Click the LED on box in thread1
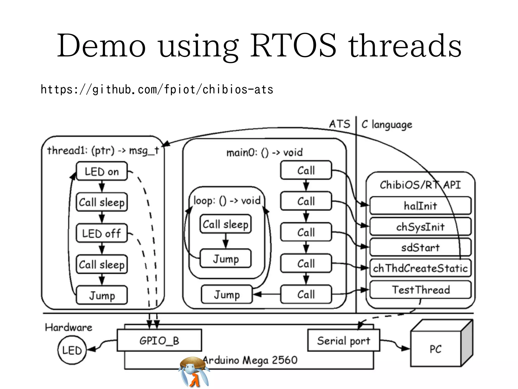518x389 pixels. click(x=102, y=171)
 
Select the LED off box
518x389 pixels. click(x=102, y=233)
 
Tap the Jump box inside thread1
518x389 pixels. click(x=102, y=295)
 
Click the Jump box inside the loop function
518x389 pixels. click(x=226, y=259)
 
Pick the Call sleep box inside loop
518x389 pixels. click(x=226, y=224)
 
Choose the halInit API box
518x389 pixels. click(x=420, y=206)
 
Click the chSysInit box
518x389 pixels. click(x=420, y=227)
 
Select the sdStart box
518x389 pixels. click(x=420, y=247)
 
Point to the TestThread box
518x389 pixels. click(x=420, y=290)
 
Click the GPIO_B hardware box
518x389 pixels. click(x=159, y=340)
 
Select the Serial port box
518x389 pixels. click(x=343, y=340)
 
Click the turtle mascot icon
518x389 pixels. click(x=194, y=371)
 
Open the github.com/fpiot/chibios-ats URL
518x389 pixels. click(x=157, y=89)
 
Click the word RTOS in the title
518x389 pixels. click(x=293, y=46)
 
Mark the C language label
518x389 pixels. click(x=387, y=125)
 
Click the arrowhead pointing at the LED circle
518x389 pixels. click(x=91, y=349)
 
